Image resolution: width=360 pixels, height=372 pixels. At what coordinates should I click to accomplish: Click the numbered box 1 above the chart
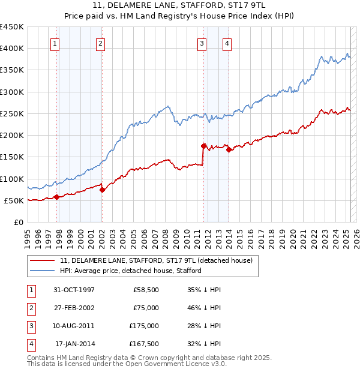tap(55, 43)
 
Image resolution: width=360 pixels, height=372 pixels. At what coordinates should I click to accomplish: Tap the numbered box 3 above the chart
tap(202, 43)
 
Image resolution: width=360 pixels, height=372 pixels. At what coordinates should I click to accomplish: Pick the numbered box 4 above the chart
tap(227, 43)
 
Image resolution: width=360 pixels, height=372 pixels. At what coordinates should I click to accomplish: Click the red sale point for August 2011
tap(204, 146)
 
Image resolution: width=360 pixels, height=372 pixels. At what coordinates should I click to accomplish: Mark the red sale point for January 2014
tap(229, 150)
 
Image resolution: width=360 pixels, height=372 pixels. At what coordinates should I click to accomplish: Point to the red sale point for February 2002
tap(102, 190)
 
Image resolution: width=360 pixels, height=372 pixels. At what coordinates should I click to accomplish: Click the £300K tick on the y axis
tap(12, 92)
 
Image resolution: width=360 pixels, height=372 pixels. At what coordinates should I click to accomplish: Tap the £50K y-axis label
tap(14, 200)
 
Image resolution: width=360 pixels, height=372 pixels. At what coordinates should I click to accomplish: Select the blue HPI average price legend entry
tap(130, 271)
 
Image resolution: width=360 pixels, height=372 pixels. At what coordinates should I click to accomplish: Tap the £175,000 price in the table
tap(144, 326)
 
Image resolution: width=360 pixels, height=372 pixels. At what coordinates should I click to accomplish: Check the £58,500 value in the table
tap(146, 290)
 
